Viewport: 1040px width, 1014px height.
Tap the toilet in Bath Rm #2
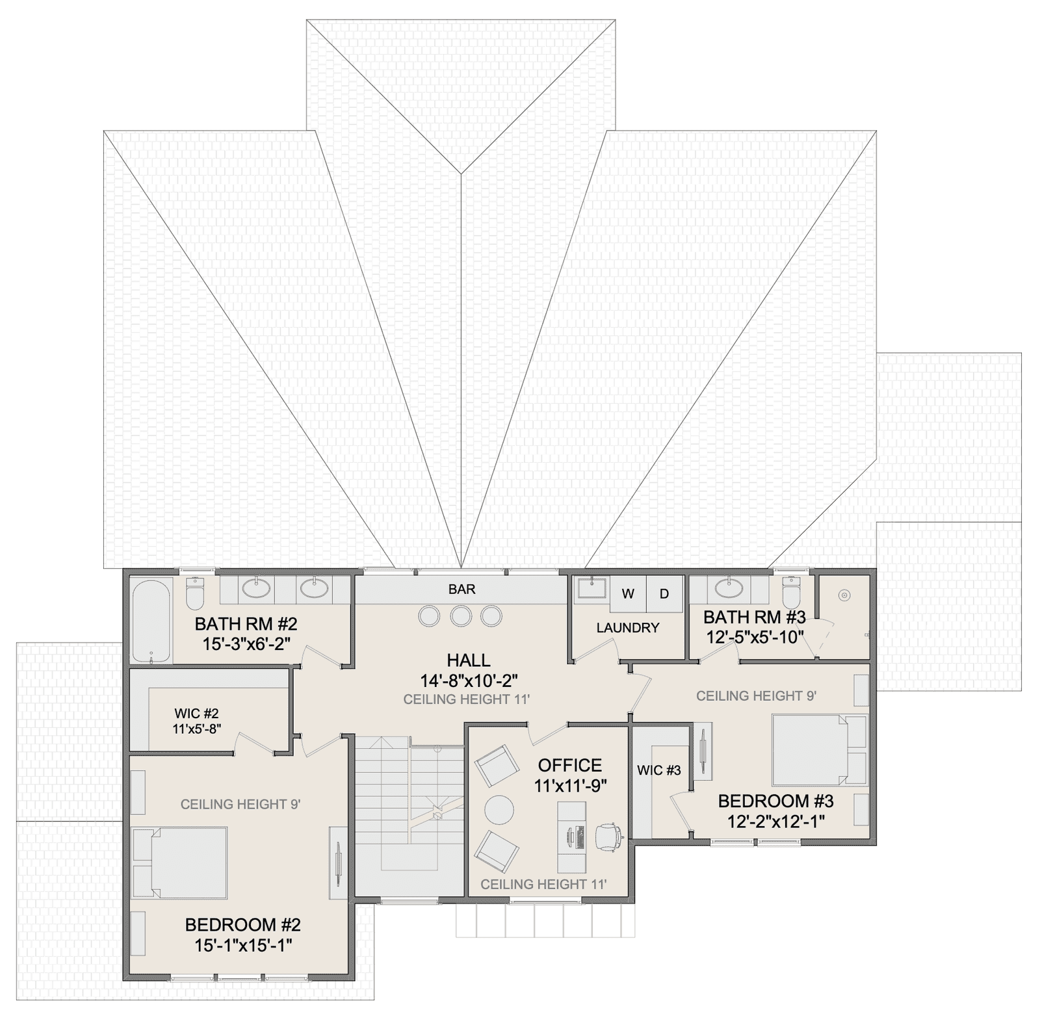click(x=195, y=591)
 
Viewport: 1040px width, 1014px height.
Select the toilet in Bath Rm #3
click(x=791, y=591)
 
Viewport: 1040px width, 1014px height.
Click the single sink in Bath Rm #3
click(x=729, y=588)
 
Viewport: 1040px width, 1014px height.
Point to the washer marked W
click(x=628, y=593)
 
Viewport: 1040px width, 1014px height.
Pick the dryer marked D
click(x=664, y=593)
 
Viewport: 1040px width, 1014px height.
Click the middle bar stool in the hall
click(x=461, y=616)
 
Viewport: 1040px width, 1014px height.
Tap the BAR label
click(x=462, y=590)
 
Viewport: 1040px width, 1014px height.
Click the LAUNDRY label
click(x=628, y=628)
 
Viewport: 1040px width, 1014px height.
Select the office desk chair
click(x=609, y=837)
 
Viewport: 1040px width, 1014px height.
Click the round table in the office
click(x=499, y=810)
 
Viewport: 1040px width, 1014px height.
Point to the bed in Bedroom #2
click(x=180, y=863)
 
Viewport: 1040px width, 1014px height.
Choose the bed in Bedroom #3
click(x=820, y=750)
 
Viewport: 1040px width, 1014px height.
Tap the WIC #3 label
click(x=659, y=770)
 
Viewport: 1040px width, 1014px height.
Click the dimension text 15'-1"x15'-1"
click(x=243, y=945)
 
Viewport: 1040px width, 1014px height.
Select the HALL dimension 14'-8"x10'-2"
click(x=469, y=681)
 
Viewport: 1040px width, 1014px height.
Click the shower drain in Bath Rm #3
click(x=844, y=595)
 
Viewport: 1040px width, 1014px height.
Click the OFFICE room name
click(x=570, y=765)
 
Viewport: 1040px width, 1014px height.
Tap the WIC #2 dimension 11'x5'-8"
click(x=197, y=729)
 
